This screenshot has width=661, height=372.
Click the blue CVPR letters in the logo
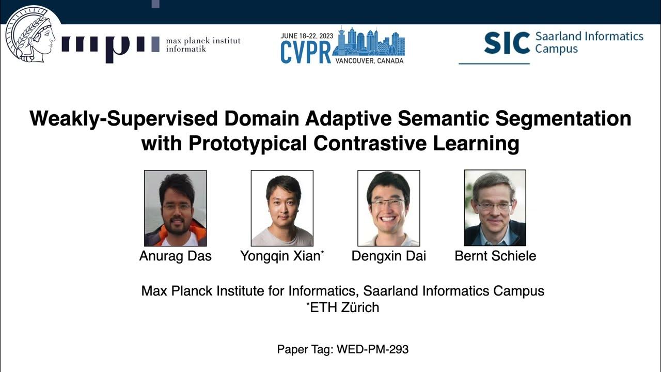pos(305,52)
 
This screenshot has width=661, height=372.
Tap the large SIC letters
pos(507,43)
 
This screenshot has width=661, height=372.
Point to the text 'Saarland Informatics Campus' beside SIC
pos(589,42)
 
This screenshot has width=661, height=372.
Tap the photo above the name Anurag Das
pos(175,208)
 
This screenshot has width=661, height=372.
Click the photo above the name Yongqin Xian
pos(282,208)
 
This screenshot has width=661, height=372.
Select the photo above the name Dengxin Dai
pos(388,208)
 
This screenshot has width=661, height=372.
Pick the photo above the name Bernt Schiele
pos(495,208)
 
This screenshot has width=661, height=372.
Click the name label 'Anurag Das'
pos(175,256)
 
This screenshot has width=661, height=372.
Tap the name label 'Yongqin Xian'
pos(282,256)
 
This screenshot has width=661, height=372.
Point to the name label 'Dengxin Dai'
pos(388,256)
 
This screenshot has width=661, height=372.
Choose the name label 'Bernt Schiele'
pos(495,256)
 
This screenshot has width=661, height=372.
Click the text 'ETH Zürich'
pos(344,307)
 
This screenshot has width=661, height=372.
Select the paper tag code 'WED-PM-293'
pos(372,349)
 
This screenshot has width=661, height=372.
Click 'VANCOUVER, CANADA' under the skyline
pos(369,60)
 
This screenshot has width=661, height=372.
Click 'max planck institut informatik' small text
pos(203,45)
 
